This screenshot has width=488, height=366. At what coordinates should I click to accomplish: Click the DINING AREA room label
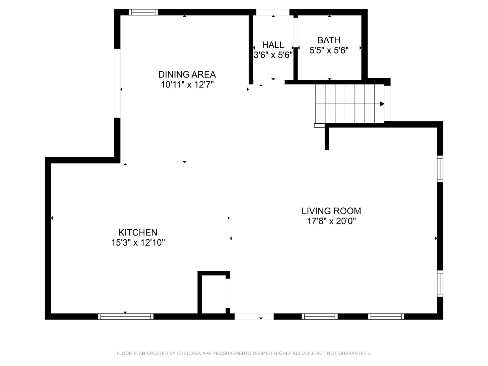[187, 74]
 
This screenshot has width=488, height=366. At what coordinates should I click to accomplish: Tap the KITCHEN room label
[138, 232]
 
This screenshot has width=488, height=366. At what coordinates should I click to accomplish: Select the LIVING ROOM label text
[331, 211]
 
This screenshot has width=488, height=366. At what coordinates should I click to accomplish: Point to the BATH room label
[329, 40]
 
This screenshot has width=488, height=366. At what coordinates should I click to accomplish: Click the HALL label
[273, 45]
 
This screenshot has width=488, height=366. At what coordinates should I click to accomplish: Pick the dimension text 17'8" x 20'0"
[331, 221]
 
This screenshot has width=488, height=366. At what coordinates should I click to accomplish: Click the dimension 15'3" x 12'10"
[138, 243]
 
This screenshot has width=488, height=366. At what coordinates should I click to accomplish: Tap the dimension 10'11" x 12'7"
[187, 85]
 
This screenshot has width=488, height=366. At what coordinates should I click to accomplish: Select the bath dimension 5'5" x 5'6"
[329, 50]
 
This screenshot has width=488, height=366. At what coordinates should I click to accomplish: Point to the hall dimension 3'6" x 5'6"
[273, 55]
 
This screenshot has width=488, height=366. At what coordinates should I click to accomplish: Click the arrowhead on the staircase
[382, 104]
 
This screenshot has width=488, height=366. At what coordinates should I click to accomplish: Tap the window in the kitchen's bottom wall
[126, 317]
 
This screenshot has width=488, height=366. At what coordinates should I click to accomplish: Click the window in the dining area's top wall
[143, 12]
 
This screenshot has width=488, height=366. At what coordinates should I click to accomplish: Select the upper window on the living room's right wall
[440, 169]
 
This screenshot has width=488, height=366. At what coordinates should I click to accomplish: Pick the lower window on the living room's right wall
[440, 284]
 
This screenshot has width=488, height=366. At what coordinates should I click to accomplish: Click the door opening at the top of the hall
[273, 12]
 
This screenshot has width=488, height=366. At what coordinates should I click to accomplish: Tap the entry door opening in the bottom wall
[254, 317]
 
